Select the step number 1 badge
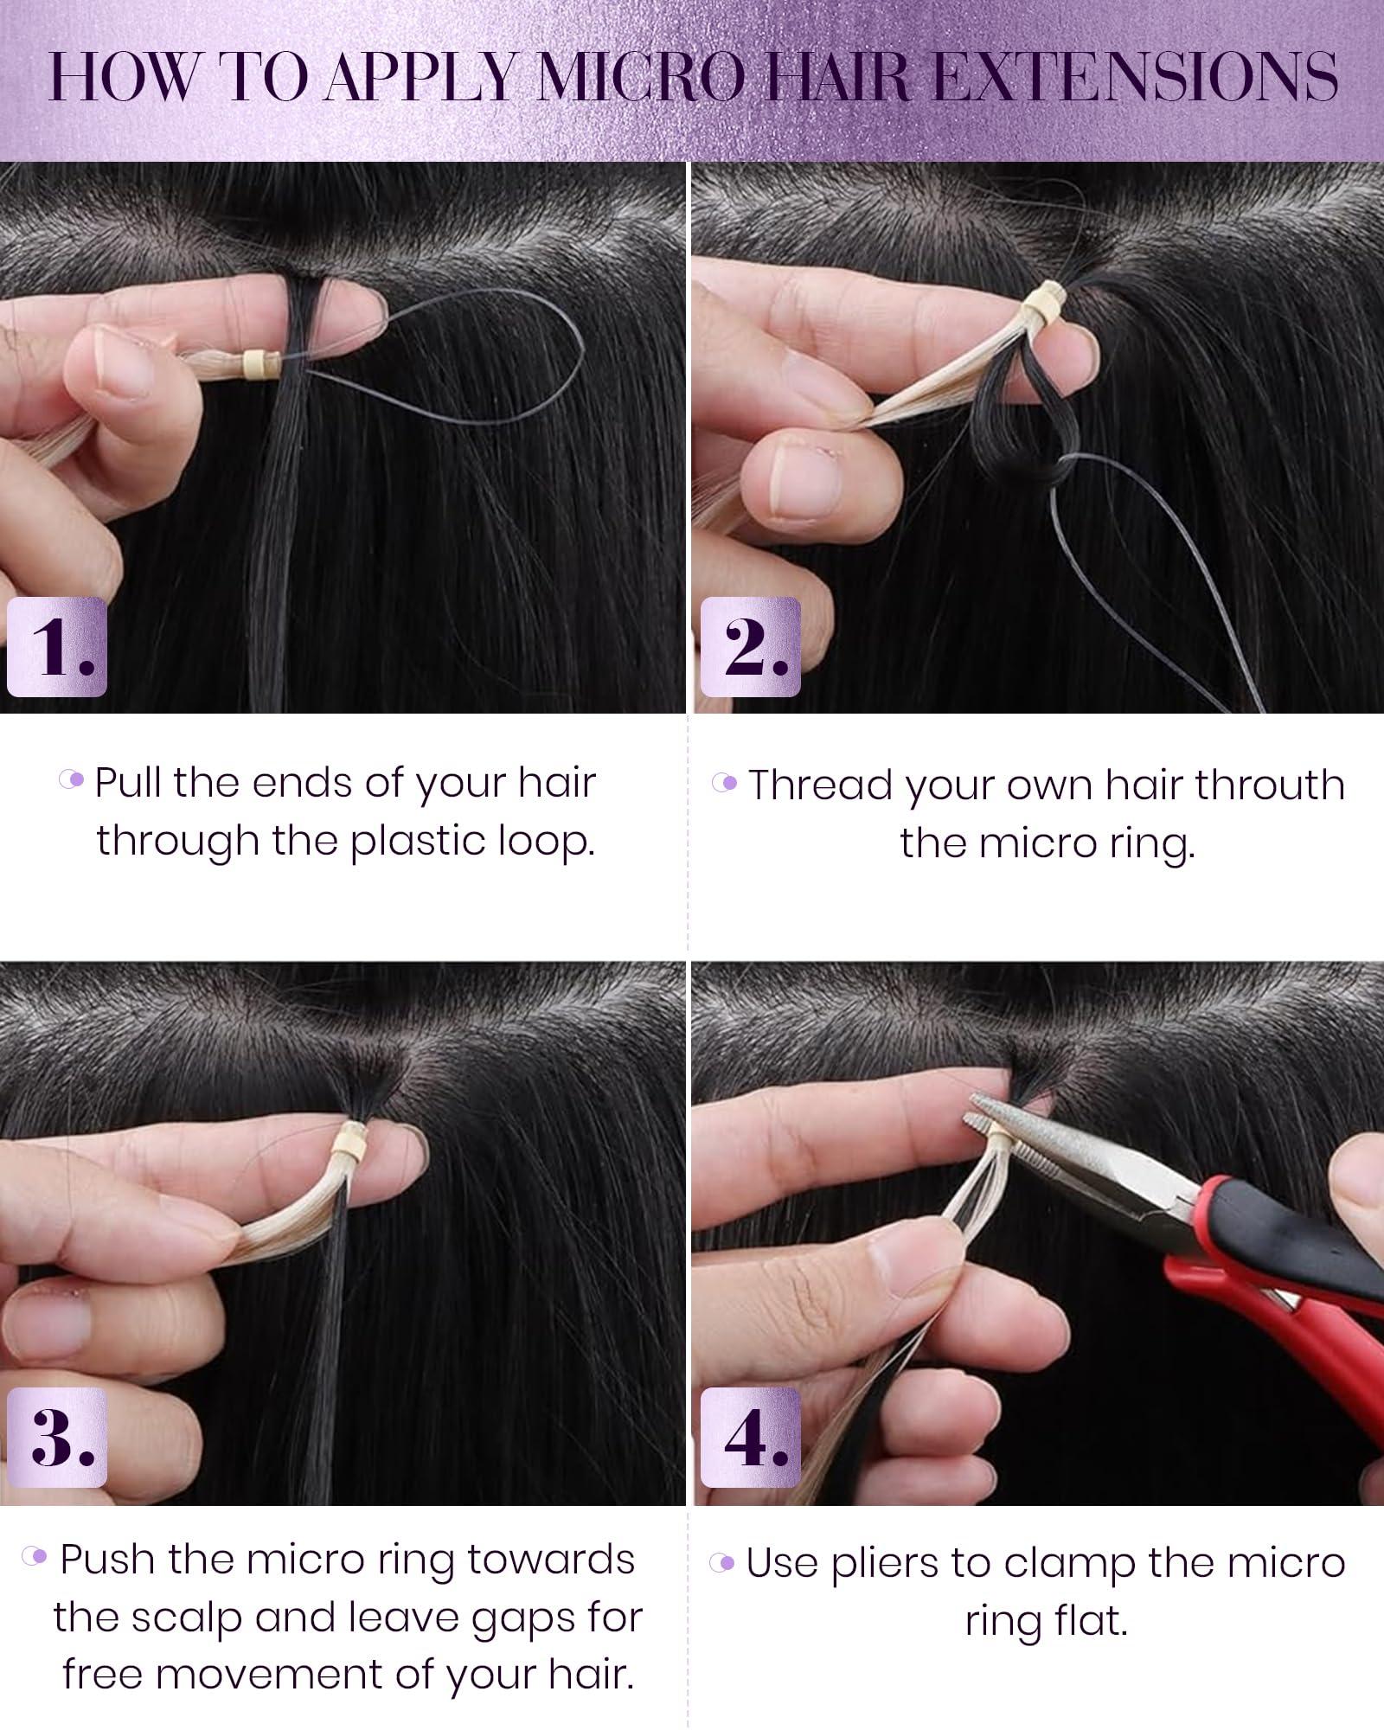point(57,647)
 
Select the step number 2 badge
point(750,647)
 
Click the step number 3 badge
point(57,1437)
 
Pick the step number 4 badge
point(750,1437)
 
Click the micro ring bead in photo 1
point(256,362)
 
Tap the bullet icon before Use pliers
point(722,1562)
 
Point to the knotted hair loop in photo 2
point(1008,432)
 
